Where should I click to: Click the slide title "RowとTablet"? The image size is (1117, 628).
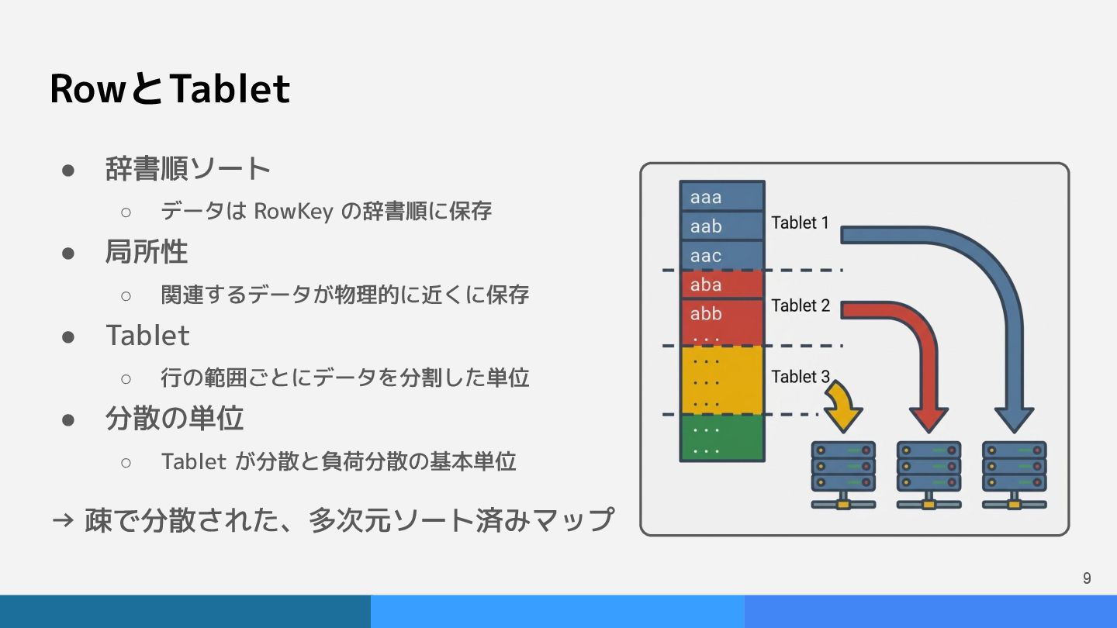[170, 88]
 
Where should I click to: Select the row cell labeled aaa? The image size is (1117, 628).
[722, 196]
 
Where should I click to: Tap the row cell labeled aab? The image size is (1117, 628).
[722, 226]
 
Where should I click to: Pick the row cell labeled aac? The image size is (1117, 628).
[722, 255]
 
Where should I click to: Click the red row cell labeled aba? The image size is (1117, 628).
[722, 285]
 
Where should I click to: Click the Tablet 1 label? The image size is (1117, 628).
[800, 223]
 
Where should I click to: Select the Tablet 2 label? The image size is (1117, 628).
[801, 305]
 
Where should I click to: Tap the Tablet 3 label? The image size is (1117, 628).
[801, 377]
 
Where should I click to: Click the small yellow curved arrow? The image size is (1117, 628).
[845, 407]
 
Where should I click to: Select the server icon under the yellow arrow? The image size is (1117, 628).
[843, 474]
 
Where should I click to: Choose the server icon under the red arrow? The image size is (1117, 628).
[929, 474]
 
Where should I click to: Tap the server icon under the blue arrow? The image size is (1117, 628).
[1015, 474]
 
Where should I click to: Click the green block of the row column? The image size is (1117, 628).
[722, 437]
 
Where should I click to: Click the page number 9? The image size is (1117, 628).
[1087, 578]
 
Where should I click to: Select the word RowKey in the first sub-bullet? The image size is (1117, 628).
[293, 212]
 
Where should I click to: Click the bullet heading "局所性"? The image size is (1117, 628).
[147, 251]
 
